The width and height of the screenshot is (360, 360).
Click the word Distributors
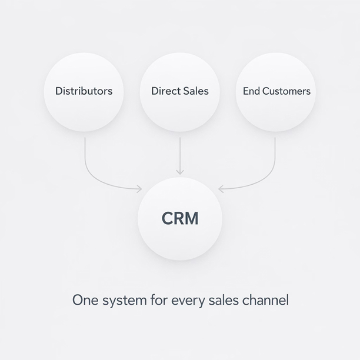coord(84,91)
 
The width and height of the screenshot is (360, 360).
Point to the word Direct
coord(165,91)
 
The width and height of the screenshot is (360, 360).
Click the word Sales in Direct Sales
coord(195,91)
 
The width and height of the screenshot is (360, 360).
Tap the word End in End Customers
coord(251,91)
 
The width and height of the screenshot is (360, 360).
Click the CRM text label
coord(180,219)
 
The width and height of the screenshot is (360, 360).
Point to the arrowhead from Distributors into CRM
coord(139,189)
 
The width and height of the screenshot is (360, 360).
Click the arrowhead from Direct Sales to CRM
coord(180,172)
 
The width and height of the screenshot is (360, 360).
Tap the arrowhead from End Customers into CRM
coord(221,189)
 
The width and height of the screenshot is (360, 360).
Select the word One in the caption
coord(84,300)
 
